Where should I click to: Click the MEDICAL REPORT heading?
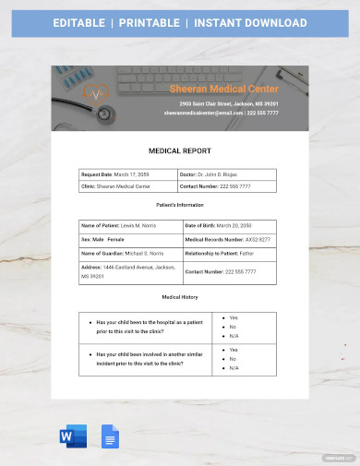180,149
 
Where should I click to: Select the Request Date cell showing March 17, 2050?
129,174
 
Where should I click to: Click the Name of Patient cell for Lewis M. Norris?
129,225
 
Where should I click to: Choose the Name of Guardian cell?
129,253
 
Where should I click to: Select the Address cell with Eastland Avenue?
129,271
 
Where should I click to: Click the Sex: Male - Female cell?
129,239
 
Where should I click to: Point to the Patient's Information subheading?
180,205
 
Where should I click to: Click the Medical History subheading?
180,297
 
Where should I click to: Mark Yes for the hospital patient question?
234,317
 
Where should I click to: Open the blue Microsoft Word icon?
75,436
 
